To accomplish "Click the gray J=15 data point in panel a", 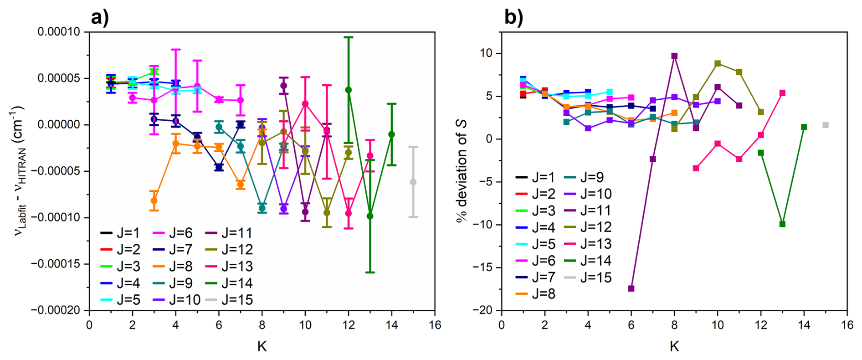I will click(413, 182).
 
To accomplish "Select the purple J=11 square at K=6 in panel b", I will click(631, 288).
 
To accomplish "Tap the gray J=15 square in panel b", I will click(826, 125).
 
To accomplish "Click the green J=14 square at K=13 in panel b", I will click(782, 224).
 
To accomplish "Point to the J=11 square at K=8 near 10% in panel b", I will click(674, 56).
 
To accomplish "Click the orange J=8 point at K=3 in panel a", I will click(154, 201).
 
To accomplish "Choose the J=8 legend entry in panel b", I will click(535, 294).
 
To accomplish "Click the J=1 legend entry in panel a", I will click(120, 233).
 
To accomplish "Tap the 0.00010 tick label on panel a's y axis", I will click(58, 32).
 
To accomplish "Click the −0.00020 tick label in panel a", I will click(55, 310).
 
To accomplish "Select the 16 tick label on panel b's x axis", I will click(847, 325).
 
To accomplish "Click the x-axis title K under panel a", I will click(262, 347).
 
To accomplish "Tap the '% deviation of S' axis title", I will click(462, 171).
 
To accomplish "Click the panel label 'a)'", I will click(100, 17).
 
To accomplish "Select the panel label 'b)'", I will click(513, 17).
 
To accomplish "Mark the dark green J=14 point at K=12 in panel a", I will click(349, 90).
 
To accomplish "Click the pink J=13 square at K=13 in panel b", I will click(782, 93).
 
